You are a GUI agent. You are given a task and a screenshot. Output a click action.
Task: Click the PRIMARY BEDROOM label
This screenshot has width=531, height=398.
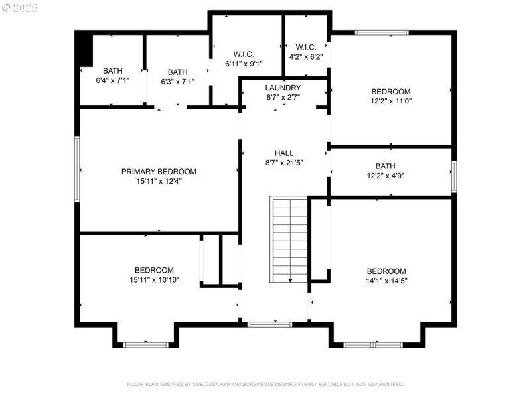(159, 172)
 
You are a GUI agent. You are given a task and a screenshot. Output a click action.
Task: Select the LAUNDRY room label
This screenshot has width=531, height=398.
(283, 88)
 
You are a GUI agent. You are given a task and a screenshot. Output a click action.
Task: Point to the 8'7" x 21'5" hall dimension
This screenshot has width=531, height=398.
(283, 162)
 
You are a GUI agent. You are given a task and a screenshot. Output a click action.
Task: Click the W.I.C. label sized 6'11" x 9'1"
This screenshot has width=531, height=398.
(244, 64)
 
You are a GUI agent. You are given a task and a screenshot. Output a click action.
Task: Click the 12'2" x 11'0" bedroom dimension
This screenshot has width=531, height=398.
(390, 101)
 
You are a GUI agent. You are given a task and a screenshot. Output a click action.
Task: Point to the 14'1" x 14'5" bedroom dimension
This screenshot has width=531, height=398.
(386, 281)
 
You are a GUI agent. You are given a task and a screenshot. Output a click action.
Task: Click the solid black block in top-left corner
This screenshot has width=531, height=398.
(84, 48)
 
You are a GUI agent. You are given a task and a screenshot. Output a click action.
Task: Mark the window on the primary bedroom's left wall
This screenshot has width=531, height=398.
(77, 169)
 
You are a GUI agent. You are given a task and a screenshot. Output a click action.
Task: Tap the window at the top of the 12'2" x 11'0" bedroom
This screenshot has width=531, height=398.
(382, 32)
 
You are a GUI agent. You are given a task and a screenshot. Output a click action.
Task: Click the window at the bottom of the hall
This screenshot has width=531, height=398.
(269, 324)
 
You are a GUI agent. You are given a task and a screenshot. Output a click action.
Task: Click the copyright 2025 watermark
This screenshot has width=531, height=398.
(20, 8)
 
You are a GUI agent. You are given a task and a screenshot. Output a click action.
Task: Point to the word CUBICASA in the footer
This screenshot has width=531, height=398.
(208, 385)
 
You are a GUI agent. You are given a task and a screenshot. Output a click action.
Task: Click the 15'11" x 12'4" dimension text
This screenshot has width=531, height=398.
(159, 181)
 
